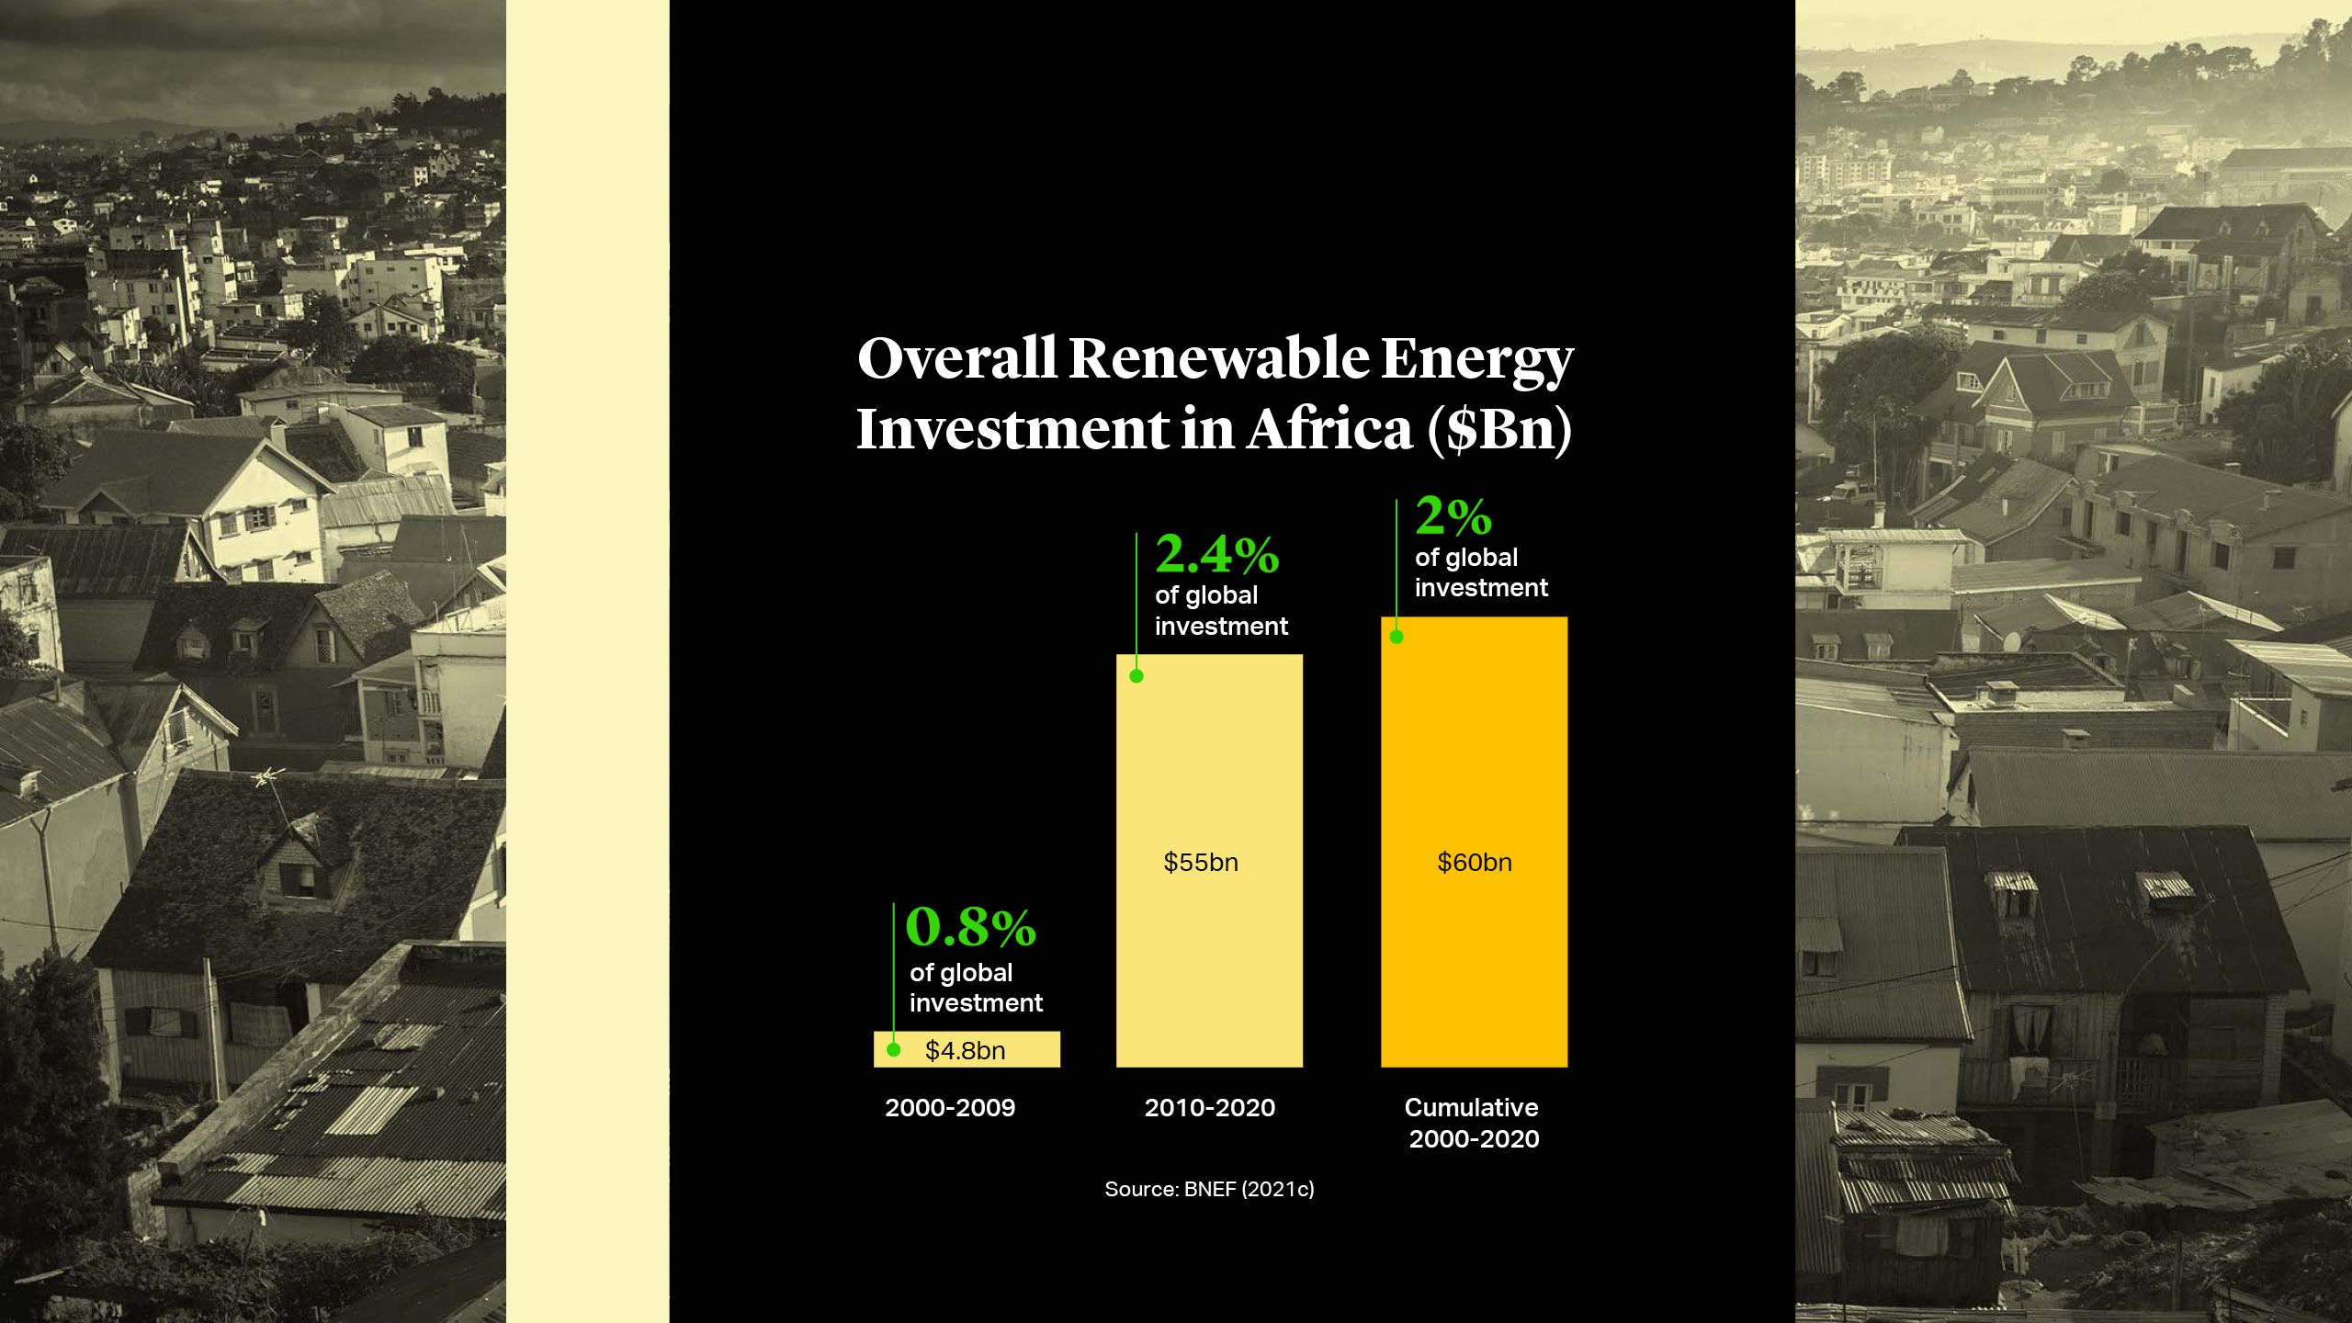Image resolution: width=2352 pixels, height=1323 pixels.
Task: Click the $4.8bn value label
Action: tap(965, 1050)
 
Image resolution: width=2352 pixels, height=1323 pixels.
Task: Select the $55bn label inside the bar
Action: tap(1200, 863)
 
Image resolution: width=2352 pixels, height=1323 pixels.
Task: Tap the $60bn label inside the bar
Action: tap(1474, 863)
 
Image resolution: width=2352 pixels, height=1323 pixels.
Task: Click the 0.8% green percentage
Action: tap(970, 927)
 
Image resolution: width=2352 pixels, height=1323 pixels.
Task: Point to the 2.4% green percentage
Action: tap(1216, 554)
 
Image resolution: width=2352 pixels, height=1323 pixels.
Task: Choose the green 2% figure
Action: tap(1453, 516)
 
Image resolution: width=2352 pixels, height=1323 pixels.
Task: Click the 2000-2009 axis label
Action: tap(950, 1108)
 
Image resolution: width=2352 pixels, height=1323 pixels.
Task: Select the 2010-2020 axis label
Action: tap(1209, 1108)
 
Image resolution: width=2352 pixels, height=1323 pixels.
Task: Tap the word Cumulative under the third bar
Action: tap(1471, 1108)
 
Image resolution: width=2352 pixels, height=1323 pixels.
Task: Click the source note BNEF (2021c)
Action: tap(1209, 1189)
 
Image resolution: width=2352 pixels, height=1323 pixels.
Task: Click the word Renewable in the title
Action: tap(1217, 357)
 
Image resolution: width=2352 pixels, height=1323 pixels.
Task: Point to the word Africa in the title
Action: tap(1329, 429)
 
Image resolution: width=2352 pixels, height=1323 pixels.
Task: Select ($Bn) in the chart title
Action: tap(1499, 429)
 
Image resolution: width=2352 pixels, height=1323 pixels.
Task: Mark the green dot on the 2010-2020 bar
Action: tap(1136, 676)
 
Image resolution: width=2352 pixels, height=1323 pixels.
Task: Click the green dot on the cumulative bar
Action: tap(1396, 637)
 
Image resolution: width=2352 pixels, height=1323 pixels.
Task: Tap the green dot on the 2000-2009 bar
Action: tap(893, 1049)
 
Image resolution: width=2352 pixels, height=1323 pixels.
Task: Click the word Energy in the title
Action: tap(1476, 359)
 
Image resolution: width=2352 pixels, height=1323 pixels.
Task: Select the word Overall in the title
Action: tap(956, 357)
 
